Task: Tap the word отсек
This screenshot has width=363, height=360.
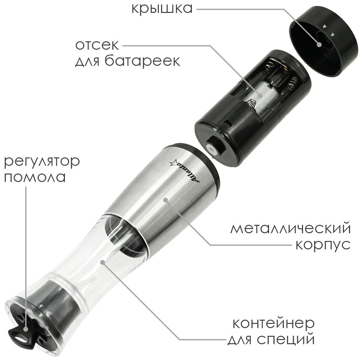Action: pos(97,45)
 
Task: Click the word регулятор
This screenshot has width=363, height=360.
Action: pos(42,162)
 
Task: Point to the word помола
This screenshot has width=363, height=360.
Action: pos(35,177)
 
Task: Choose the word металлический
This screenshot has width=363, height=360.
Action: pos(291,228)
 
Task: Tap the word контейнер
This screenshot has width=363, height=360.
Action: pos(274,323)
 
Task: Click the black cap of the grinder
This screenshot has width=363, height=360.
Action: pos(323,42)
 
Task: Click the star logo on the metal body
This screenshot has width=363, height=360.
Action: pos(173,163)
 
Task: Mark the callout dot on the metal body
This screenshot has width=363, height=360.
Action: pos(166,200)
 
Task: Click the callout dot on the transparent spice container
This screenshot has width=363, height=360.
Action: pos(103,262)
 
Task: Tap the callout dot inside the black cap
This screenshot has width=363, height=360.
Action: pos(319,45)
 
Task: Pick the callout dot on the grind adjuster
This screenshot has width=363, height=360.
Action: pos(26,329)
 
